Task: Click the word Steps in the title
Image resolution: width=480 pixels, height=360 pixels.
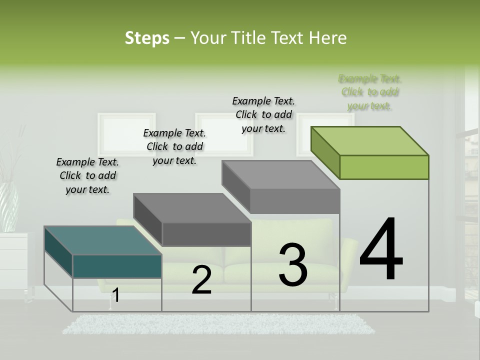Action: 146,38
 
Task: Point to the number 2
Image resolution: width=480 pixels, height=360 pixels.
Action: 201,280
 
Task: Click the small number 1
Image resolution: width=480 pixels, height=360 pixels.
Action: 115,295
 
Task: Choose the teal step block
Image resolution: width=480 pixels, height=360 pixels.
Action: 102,252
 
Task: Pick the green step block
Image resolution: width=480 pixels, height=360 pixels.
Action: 370,152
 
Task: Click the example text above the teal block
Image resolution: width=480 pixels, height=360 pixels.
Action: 87,175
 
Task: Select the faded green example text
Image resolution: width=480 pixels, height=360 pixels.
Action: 370,92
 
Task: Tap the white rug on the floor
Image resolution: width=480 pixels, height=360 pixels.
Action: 218,323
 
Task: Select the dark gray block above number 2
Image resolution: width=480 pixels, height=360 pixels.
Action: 192,220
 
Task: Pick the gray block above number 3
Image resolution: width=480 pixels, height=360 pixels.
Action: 281,186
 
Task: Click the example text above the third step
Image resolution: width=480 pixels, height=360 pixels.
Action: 263,114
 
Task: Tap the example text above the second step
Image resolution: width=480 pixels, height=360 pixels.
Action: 174,146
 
